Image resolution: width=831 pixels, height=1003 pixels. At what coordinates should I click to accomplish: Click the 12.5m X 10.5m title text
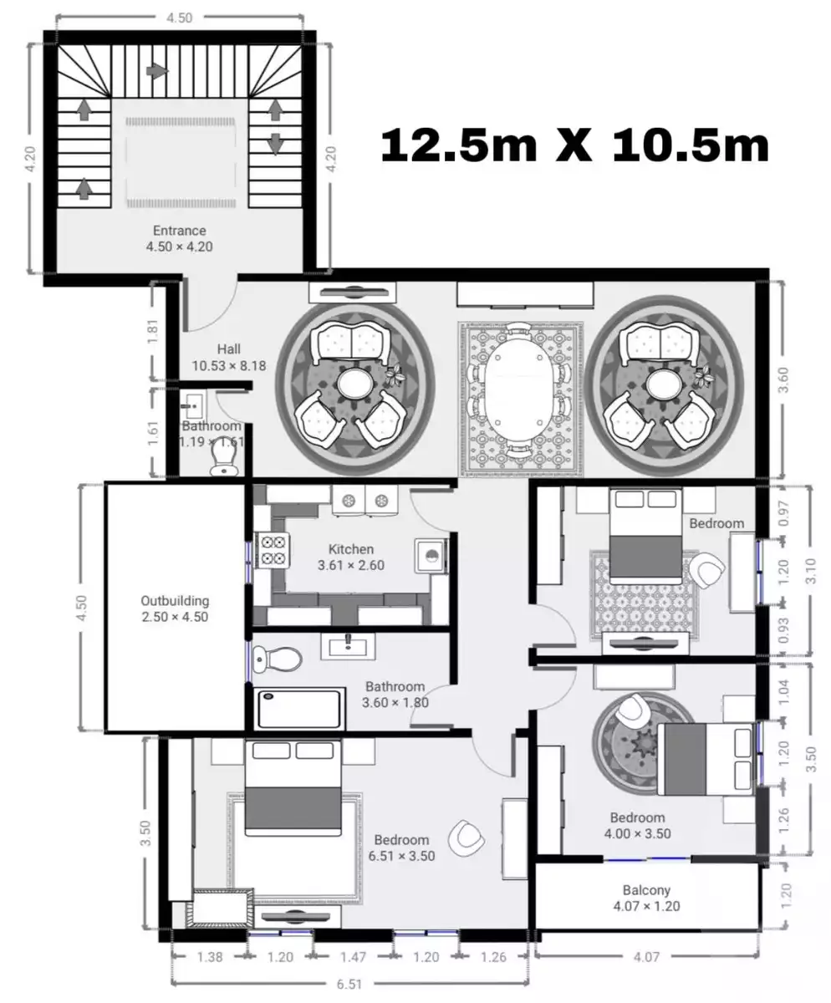(x=575, y=145)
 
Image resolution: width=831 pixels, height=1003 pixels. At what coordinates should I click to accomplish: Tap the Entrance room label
(x=179, y=231)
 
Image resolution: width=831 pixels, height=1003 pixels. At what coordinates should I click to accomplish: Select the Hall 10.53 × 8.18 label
(x=229, y=358)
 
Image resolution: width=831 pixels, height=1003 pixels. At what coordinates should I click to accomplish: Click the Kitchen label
(x=351, y=549)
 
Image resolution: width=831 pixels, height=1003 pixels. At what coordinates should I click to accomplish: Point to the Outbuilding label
(x=175, y=601)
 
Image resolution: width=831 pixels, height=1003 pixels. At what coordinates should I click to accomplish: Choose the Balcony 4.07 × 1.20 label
(x=646, y=899)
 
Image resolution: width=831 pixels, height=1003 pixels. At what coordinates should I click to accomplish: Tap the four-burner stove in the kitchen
(x=272, y=551)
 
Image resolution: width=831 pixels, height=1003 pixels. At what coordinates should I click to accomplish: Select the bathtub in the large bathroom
(x=299, y=709)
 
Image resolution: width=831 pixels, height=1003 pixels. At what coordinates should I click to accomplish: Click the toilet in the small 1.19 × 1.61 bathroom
(x=223, y=461)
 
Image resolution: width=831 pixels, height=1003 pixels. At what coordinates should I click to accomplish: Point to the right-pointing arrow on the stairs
(x=157, y=71)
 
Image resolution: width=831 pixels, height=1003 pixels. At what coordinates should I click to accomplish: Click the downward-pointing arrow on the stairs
(x=274, y=144)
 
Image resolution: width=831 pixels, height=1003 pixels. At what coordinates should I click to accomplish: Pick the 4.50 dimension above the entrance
(x=179, y=18)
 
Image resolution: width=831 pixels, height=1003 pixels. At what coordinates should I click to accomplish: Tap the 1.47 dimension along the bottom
(x=354, y=957)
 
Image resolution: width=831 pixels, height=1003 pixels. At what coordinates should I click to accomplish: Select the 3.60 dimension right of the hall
(x=783, y=379)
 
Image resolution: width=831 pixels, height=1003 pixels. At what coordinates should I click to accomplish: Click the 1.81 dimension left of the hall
(x=152, y=331)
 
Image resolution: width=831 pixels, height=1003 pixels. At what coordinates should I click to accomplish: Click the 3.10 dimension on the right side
(x=811, y=571)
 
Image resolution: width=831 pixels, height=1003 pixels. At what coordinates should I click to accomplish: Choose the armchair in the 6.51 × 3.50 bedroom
(x=466, y=838)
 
